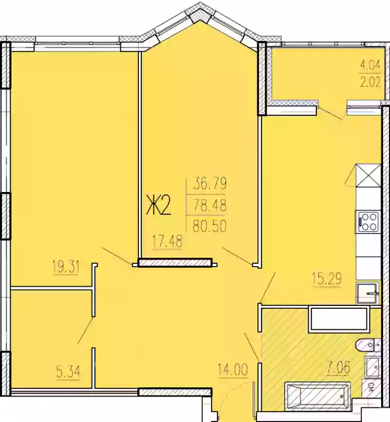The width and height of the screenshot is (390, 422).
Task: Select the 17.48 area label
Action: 167,242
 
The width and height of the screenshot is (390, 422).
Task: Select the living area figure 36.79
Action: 210,185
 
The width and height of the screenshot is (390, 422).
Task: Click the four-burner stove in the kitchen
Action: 368,221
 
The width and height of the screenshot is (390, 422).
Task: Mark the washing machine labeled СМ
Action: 371,389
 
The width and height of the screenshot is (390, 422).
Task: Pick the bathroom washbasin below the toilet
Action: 372,367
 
